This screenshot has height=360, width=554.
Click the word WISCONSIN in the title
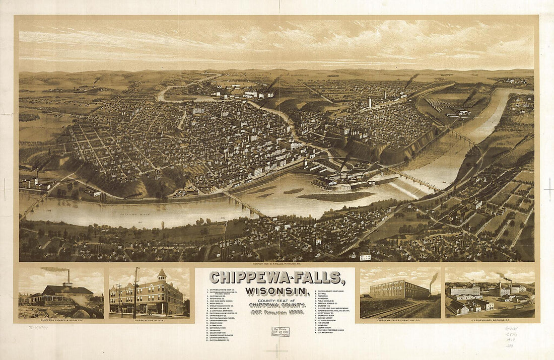[275, 292]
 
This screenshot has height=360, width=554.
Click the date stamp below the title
[281, 332]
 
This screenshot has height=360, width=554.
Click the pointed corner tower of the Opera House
[161, 275]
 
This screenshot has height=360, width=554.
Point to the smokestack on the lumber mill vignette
[68, 277]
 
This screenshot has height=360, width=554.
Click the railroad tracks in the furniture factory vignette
[398, 310]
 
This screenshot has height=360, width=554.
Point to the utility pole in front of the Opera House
[135, 292]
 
